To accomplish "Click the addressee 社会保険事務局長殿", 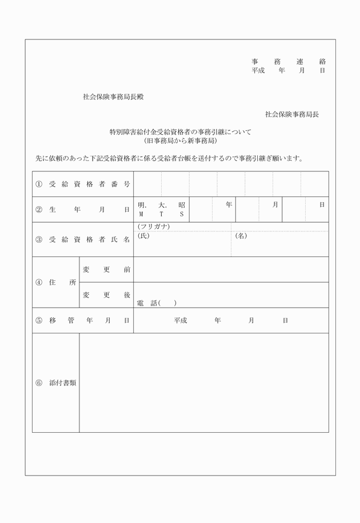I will (x=113, y=97).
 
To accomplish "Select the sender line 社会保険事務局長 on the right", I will (x=291, y=114).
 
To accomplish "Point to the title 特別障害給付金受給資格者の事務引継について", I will (x=180, y=132).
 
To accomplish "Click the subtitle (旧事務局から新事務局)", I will (x=180, y=140).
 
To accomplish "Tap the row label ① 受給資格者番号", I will (x=83, y=184).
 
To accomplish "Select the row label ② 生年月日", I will (x=83, y=210).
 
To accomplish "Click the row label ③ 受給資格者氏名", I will (x=83, y=239).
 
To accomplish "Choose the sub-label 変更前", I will (x=106, y=269).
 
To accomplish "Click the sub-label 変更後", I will (x=106, y=295).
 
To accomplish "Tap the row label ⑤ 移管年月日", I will (x=83, y=320).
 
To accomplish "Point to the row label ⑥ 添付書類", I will (x=55, y=383).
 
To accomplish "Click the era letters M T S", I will (x=161, y=215).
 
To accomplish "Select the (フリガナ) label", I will (x=153, y=227).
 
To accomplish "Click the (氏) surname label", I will (x=143, y=236).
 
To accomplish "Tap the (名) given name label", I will (x=241, y=236).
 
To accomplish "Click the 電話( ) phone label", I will (x=157, y=303).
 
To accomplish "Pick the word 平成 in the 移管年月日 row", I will (x=181, y=320).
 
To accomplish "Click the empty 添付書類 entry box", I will (x=203, y=383).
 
